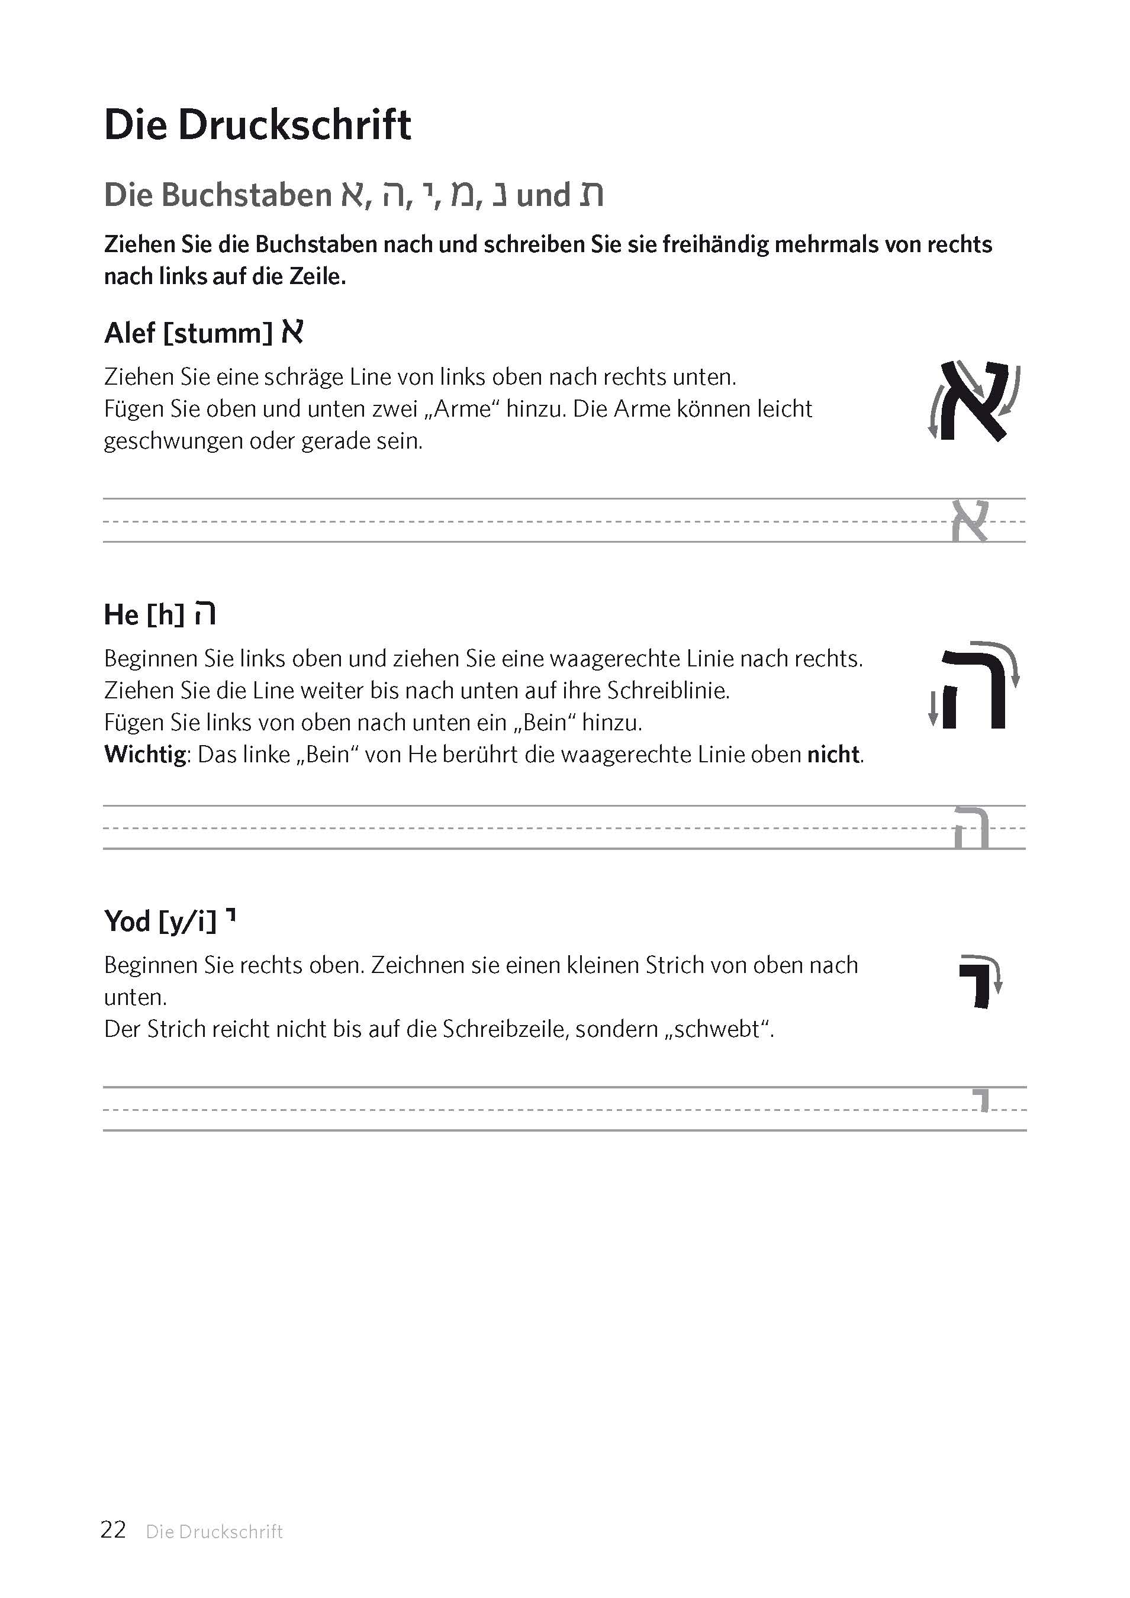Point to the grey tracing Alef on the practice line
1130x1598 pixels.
970,521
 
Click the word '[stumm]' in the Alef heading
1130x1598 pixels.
218,333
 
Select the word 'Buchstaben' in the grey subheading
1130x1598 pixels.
247,195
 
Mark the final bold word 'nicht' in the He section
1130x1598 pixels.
833,755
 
